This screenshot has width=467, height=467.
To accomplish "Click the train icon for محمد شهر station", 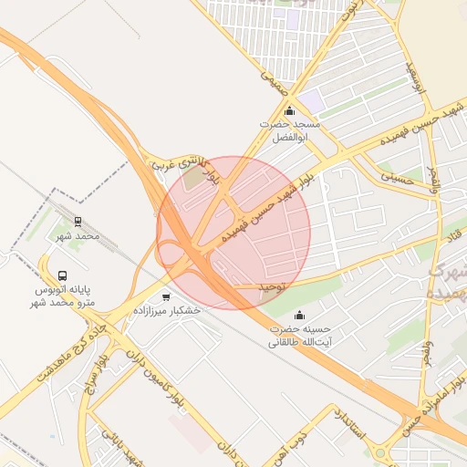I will click(x=78, y=221).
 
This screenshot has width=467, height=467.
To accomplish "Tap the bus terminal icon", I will click(x=63, y=275).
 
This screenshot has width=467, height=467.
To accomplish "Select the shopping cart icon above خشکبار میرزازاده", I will click(x=166, y=296).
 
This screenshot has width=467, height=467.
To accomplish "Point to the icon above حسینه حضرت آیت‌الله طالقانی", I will click(x=298, y=316).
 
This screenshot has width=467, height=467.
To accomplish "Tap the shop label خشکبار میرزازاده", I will click(x=166, y=311).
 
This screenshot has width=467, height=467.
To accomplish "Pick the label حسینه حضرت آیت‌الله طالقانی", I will click(x=298, y=336).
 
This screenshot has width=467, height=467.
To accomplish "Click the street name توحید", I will click(x=271, y=287).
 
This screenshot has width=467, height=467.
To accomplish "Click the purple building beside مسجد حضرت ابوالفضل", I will click(x=312, y=100).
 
